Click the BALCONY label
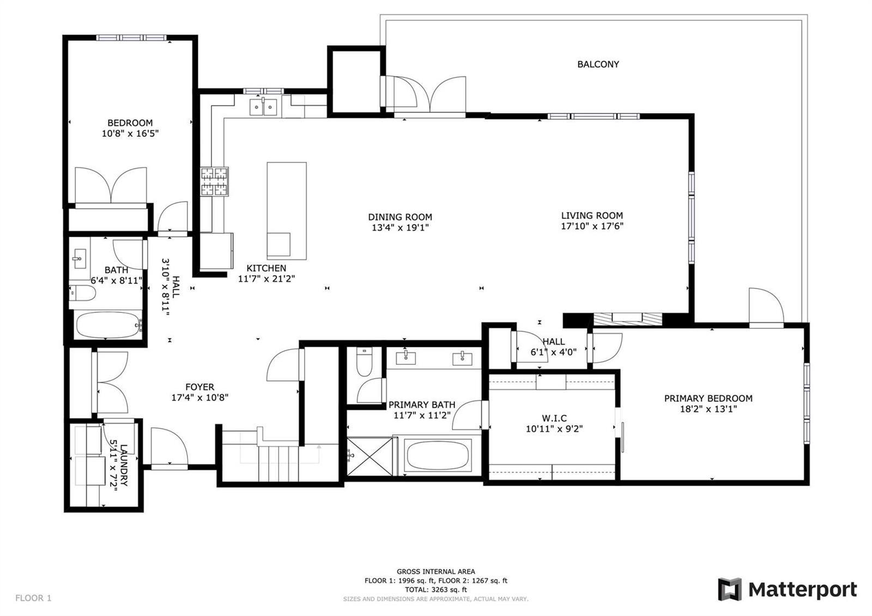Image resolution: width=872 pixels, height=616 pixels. [598, 64]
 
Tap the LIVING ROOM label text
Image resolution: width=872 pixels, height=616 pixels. [592, 215]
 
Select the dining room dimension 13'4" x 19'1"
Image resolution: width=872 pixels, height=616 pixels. [400, 227]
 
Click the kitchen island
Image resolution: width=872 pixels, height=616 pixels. [287, 210]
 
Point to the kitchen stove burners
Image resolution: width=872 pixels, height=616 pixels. [215, 181]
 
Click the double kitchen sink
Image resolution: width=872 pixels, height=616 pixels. [263, 107]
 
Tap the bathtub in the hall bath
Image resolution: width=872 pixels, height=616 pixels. [108, 325]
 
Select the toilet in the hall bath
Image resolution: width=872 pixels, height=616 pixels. [82, 293]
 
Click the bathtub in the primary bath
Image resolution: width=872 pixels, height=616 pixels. [438, 455]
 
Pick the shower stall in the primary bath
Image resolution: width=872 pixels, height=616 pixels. [370, 456]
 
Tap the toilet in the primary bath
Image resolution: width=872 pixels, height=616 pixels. [365, 362]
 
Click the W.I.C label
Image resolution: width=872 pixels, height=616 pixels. [554, 418]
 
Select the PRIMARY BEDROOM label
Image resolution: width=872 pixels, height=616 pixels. [708, 398]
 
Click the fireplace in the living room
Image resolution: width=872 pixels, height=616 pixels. [627, 318]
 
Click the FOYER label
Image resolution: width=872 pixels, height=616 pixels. [199, 387]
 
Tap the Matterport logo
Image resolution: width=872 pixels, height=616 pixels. [788, 589]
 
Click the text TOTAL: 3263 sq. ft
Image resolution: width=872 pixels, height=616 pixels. [435, 589]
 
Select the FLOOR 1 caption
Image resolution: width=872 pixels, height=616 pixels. [33, 597]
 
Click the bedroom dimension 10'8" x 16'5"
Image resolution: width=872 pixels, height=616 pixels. [130, 134]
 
